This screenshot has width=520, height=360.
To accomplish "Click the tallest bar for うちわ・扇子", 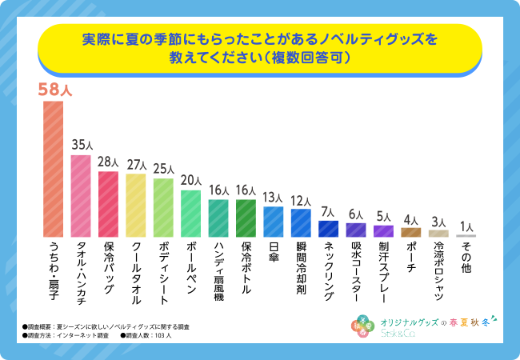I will click(53, 169).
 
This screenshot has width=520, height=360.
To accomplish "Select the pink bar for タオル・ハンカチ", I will click(81, 196).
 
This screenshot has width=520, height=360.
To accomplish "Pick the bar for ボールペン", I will click(190, 214).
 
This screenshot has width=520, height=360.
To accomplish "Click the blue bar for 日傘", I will click(274, 222).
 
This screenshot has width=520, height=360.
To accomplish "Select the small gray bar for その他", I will click(466, 236).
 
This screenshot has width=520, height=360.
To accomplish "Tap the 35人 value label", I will click(81, 146).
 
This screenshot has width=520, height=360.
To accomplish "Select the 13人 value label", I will click(274, 198).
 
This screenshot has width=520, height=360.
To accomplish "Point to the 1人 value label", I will click(466, 226).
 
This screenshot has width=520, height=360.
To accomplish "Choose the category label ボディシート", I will click(163, 273).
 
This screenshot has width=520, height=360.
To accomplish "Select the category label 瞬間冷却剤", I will click(301, 268).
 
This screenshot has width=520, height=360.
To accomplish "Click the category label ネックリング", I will click(328, 273).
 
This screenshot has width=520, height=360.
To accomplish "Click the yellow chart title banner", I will click(259, 49).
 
